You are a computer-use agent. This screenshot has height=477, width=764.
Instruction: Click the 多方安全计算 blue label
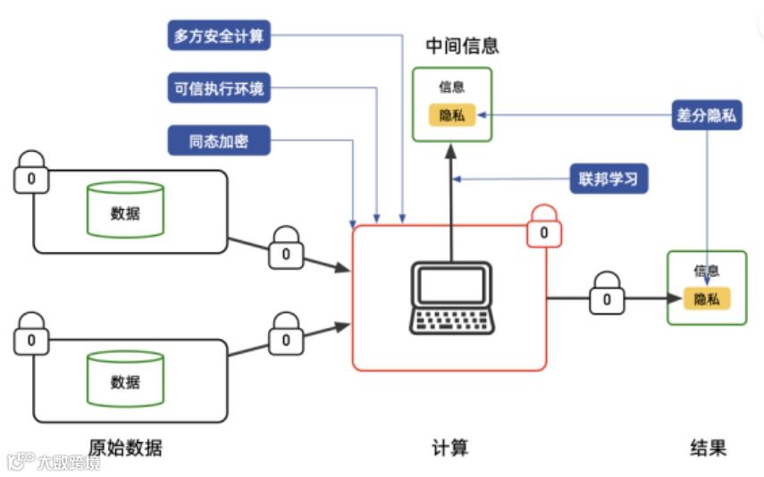(x=219, y=36)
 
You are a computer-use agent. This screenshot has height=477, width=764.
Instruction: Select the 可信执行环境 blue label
(x=219, y=88)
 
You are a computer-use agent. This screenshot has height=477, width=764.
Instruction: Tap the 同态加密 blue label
(x=219, y=140)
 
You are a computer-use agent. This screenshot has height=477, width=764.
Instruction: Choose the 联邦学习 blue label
(x=609, y=179)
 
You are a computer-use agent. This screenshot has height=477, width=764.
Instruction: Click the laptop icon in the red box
(x=451, y=297)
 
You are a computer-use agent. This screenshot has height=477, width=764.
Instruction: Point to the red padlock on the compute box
(x=544, y=227)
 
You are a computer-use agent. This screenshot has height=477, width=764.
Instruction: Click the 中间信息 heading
(x=462, y=45)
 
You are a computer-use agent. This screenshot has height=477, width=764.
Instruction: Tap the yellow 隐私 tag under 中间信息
(x=452, y=116)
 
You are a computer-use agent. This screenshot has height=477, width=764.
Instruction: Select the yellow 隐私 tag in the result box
(x=707, y=299)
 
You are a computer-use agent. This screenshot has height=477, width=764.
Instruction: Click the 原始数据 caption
(x=126, y=447)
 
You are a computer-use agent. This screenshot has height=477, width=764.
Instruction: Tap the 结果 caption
(x=708, y=447)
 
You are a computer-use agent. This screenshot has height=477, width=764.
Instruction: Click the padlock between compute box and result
(x=607, y=295)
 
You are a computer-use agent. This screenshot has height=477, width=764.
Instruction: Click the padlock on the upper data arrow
(x=286, y=248)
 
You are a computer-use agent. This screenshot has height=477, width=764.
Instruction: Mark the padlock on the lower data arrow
(x=286, y=334)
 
